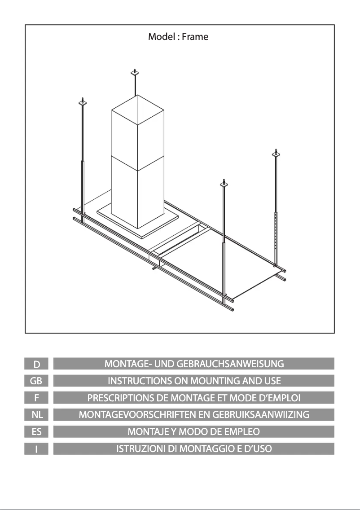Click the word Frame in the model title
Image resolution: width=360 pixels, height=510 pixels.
point(195,37)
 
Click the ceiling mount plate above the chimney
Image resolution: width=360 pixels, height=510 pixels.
point(134,73)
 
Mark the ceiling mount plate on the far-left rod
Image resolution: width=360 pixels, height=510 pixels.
point(83,103)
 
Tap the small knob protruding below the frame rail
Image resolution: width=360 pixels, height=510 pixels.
point(154,269)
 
